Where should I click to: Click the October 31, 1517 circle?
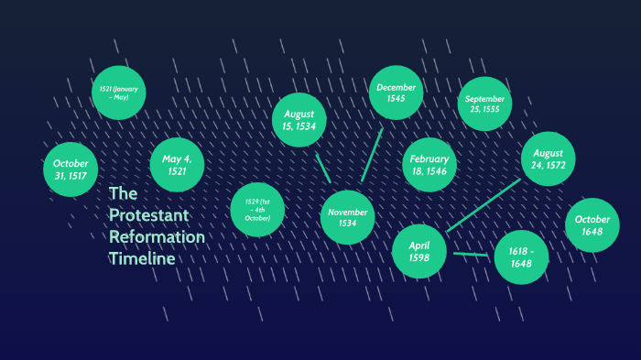click(x=71, y=169)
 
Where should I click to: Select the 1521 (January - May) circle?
click(x=119, y=93)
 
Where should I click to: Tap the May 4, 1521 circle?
click(x=177, y=165)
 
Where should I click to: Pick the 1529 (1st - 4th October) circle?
click(x=257, y=210)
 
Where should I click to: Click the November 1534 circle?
click(x=348, y=217)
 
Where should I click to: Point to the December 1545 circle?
click(x=396, y=93)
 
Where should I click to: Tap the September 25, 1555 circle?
click(x=483, y=104)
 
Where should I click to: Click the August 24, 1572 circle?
click(x=548, y=159)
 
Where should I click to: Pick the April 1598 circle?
click(x=419, y=250)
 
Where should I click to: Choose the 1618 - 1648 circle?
click(x=521, y=257)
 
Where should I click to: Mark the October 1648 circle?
click(x=592, y=225)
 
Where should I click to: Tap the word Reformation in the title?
click(x=157, y=238)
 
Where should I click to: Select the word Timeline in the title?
click(x=141, y=259)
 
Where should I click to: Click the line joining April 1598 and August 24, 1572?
click(x=483, y=205)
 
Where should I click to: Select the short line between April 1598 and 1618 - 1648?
click(x=471, y=254)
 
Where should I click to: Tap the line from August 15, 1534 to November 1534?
click(x=322, y=168)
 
